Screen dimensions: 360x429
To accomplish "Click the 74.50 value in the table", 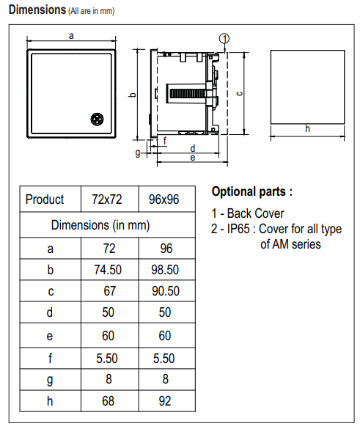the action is tap(108, 270).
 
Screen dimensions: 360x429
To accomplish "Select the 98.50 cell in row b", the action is tap(165, 270).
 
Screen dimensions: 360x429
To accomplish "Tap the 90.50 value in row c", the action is tap(166, 291).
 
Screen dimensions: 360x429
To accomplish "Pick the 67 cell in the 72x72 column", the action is tap(109, 291).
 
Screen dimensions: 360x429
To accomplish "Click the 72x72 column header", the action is tap(107, 199).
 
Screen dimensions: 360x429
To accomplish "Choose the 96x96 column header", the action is tap(164, 199).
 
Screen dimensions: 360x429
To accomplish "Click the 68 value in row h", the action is tap(108, 401).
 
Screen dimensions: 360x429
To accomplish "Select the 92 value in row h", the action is tap(165, 401).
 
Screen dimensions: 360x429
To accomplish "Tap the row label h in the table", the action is tap(50, 401).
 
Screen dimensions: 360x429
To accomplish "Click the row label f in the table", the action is tap(50, 358).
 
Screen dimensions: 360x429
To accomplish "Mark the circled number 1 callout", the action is tap(224, 39).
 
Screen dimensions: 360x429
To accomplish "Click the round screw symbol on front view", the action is tap(97, 119).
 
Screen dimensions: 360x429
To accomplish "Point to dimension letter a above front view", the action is tap(71, 36).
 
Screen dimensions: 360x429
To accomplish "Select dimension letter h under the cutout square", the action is tap(307, 128).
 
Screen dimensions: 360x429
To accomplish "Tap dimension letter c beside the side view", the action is tap(239, 94).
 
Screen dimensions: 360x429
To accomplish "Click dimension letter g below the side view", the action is tap(138, 153).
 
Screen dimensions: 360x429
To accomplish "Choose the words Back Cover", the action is tap(255, 213).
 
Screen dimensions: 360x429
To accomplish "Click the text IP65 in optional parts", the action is tap(238, 229).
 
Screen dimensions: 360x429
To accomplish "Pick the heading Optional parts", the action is tap(252, 191).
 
